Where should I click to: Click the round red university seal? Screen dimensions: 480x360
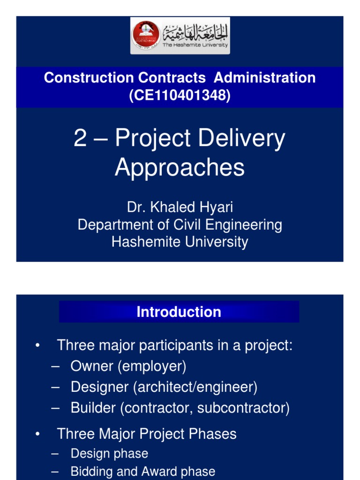coord(146,36)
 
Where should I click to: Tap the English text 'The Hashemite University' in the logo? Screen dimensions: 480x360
coord(195,45)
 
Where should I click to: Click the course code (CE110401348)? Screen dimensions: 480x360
coord(180,95)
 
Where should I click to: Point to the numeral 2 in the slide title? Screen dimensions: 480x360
coord(80,139)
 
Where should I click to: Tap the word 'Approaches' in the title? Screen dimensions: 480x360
coord(180,167)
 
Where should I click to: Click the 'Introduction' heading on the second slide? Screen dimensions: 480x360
coord(179,312)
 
